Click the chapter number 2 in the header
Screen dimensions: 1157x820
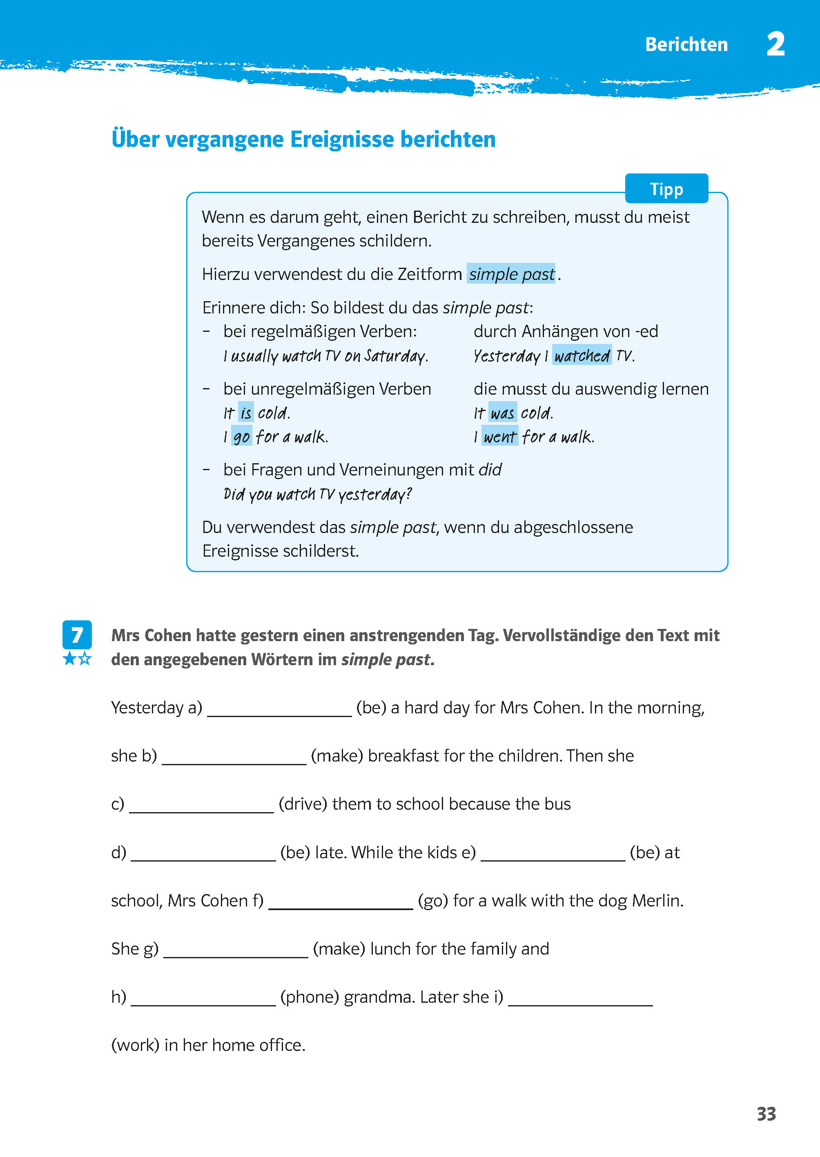coord(775,44)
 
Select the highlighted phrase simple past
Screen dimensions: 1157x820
coord(511,274)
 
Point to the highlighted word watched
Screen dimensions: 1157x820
coord(582,356)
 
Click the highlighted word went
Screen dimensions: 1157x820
coord(500,436)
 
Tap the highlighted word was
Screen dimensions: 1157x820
coord(502,413)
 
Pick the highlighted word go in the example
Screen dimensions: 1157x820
coord(241,436)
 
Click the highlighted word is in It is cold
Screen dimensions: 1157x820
coord(246,413)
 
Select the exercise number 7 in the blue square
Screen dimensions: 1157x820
coord(77,635)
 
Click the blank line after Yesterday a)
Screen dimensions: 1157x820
coord(279,709)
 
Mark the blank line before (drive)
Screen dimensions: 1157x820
coord(201,805)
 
